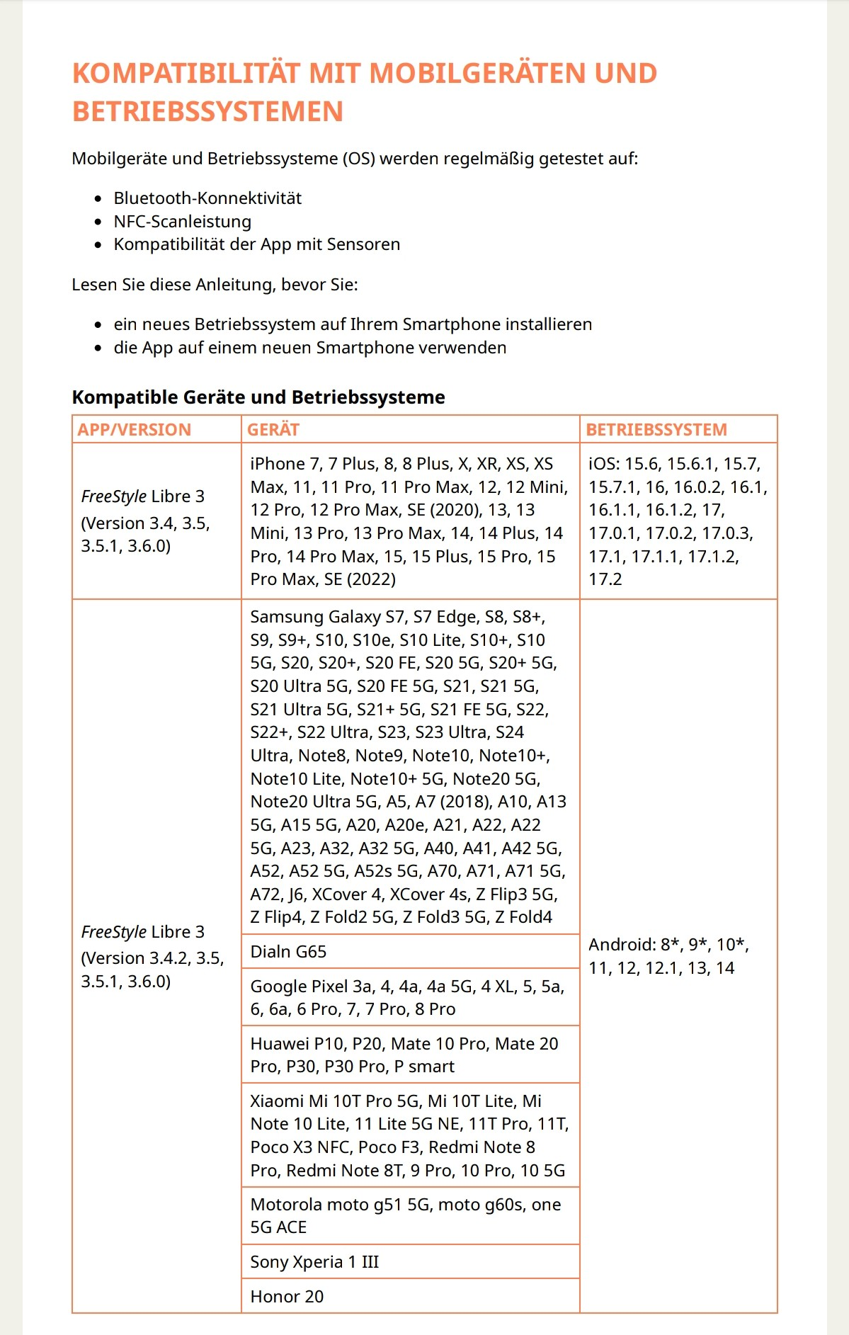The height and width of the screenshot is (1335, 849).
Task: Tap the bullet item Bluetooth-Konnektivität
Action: [x=207, y=198]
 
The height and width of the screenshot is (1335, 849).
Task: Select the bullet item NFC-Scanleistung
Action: [x=182, y=222]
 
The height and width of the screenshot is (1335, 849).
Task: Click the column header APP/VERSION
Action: [x=135, y=430]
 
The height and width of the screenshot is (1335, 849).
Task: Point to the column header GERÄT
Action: [x=273, y=430]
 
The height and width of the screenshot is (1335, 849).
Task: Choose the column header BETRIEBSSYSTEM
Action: [x=656, y=430]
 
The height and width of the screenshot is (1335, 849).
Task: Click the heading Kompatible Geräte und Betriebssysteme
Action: [x=258, y=397]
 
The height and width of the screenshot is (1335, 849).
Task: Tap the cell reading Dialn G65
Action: [x=288, y=952]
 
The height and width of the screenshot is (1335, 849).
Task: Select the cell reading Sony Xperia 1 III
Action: [x=314, y=1262]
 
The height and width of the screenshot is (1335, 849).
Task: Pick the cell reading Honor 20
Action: [x=287, y=1297]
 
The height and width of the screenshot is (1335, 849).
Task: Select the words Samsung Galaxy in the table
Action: [x=315, y=617]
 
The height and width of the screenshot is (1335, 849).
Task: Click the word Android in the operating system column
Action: [x=620, y=945]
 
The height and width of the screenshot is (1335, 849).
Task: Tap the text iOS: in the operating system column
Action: [x=604, y=464]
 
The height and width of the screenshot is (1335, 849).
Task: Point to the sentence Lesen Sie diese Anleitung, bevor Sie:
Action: [x=215, y=285]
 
